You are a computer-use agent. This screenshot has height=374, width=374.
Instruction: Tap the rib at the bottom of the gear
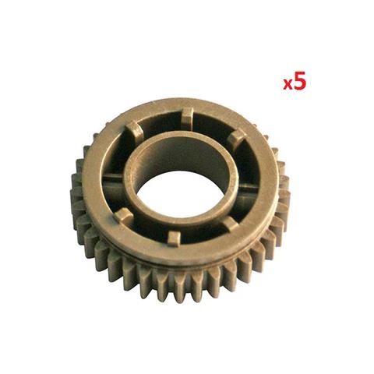click(x=173, y=237)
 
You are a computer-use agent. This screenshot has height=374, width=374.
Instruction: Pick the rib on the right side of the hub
click(x=248, y=187)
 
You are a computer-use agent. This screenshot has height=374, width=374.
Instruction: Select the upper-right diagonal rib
click(x=235, y=139)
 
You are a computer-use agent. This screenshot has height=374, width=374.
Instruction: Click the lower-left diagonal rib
click(x=125, y=214)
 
